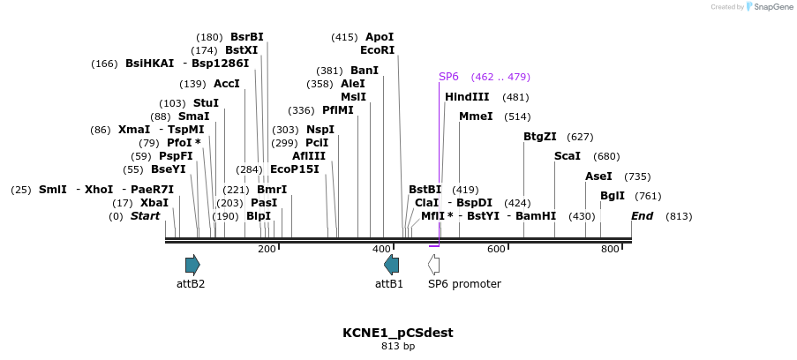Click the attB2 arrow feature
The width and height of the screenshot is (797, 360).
point(192,264)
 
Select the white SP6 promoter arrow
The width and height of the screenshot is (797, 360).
point(433,264)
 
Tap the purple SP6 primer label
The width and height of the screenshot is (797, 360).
point(448,77)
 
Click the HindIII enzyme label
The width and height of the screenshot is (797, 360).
point(467,97)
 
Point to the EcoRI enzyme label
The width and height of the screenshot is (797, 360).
point(377,50)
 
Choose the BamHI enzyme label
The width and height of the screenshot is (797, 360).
point(536,216)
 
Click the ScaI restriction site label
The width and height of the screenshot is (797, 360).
point(568,156)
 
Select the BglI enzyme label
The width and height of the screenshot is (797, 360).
point(613,196)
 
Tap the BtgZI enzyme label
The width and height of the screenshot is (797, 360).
point(540,137)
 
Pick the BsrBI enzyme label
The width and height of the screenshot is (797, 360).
point(247,37)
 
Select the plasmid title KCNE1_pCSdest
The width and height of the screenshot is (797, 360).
point(398,333)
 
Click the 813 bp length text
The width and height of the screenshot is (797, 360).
point(398,347)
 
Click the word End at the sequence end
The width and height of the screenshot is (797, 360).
point(642,216)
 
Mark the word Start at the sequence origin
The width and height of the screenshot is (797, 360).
point(146,216)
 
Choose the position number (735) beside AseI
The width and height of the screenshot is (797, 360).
point(637,176)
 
